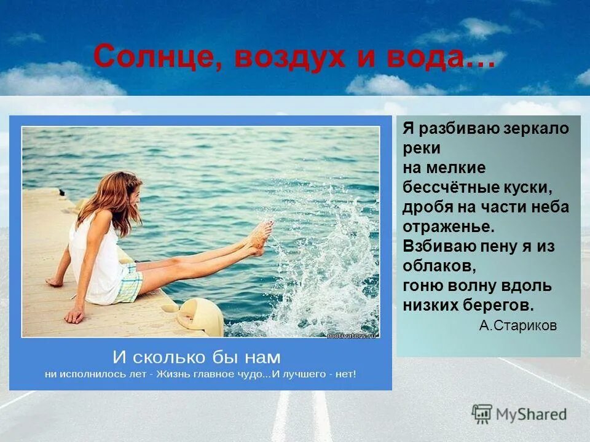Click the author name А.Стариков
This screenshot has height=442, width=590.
pyautogui.click(x=517, y=325)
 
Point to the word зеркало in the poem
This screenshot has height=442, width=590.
pyautogui.click(x=535, y=129)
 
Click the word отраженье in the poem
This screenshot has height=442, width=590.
pyautogui.click(x=447, y=227)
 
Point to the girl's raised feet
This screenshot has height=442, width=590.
pyautogui.click(x=261, y=236)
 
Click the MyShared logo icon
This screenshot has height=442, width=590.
pyautogui.click(x=482, y=414)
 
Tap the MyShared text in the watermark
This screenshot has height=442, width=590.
pyautogui.click(x=531, y=415)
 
